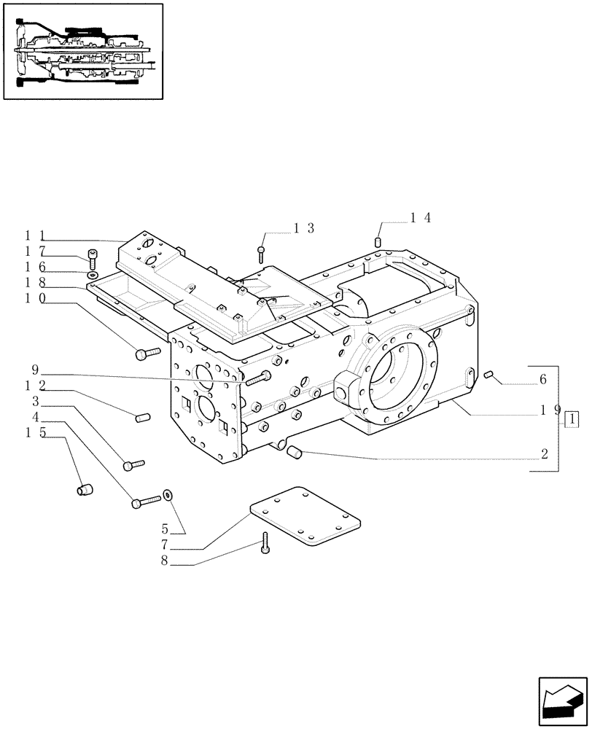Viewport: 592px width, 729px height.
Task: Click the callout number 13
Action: click(304, 228)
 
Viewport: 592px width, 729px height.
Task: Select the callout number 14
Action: click(421, 217)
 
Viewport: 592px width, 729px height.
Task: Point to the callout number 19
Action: click(550, 410)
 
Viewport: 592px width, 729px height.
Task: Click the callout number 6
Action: click(543, 379)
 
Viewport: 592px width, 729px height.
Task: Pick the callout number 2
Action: click(544, 453)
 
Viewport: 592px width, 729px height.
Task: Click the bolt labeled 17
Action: click(92, 257)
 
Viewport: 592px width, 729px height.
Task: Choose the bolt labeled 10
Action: click(147, 354)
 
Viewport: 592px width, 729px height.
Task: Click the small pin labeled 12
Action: click(142, 417)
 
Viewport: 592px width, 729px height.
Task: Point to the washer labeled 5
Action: click(168, 496)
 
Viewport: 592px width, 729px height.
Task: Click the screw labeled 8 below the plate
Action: click(265, 542)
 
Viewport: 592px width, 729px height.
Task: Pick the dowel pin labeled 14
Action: click(379, 241)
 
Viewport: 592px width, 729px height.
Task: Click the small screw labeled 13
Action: click(261, 253)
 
